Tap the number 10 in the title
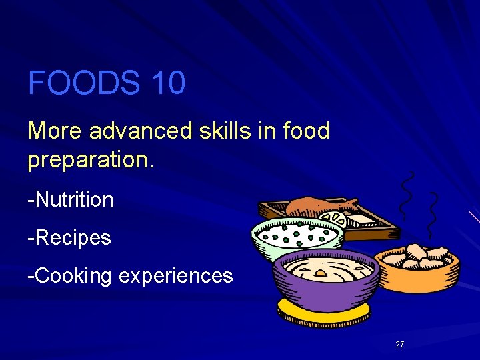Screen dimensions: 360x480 168,84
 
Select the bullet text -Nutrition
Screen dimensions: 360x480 71,199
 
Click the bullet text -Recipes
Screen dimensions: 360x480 69,238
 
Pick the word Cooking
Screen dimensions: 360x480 74,276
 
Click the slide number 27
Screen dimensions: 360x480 400,345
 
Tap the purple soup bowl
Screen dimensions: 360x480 327,280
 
